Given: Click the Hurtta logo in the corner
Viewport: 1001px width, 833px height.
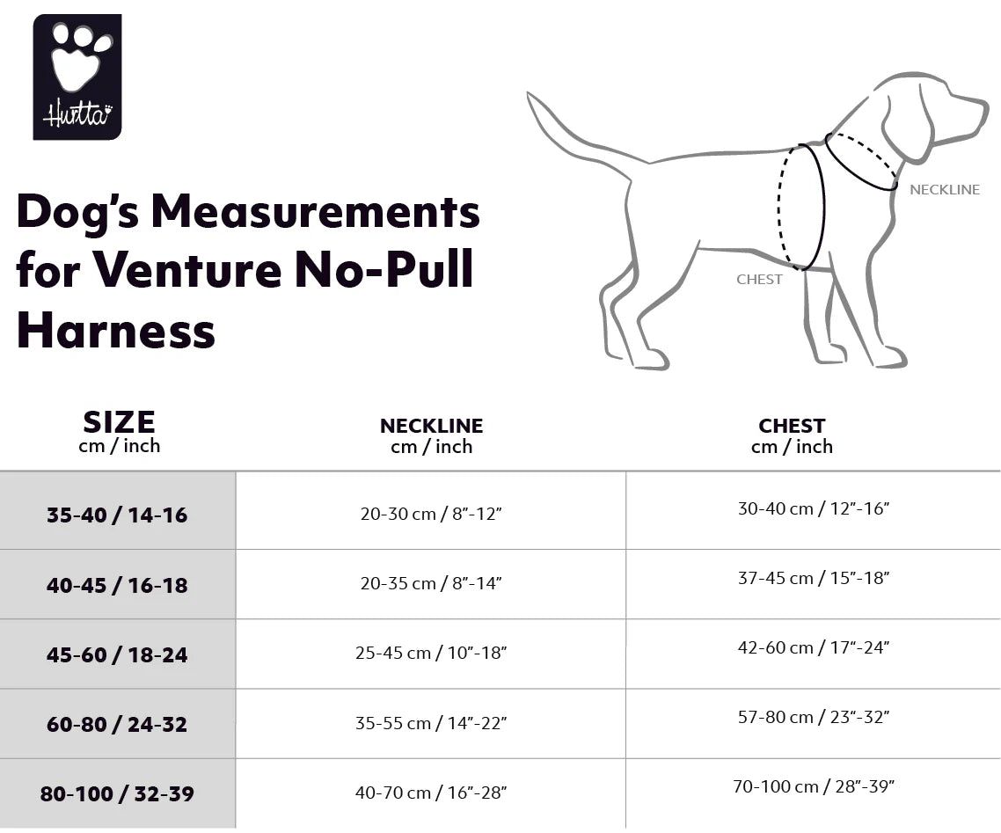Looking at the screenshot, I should (77, 77).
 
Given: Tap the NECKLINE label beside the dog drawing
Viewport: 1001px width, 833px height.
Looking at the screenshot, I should (944, 190).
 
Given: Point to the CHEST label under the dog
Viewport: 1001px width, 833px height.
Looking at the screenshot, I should (759, 280).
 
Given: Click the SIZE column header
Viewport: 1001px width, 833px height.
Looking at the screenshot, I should (119, 431).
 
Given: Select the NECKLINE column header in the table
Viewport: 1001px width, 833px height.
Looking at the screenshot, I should (431, 435).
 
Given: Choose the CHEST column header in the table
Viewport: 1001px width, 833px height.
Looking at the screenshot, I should (792, 435).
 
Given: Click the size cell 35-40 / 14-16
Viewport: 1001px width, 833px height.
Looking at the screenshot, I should (117, 515).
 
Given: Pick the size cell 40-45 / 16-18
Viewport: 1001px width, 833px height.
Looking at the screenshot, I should (117, 585).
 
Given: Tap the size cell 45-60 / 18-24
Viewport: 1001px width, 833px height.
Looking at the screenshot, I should (117, 654).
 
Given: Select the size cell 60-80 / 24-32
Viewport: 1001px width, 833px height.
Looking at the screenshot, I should (117, 724).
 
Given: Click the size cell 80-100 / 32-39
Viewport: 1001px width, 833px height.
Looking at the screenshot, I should (117, 793).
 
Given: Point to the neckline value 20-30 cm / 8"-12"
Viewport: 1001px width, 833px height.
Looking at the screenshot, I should (430, 514).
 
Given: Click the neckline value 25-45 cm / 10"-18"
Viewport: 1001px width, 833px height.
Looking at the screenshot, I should (431, 653).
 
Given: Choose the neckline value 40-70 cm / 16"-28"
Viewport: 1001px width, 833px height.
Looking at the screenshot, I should (431, 793).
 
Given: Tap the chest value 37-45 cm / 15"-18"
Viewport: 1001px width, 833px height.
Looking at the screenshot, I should (814, 578).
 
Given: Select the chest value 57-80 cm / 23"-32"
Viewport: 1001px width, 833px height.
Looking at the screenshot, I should (814, 717).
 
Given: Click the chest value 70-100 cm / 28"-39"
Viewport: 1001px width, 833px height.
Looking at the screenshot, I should (814, 786).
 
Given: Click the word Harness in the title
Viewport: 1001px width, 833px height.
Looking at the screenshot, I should (116, 332).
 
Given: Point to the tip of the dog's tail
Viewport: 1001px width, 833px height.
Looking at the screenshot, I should (530, 94).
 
